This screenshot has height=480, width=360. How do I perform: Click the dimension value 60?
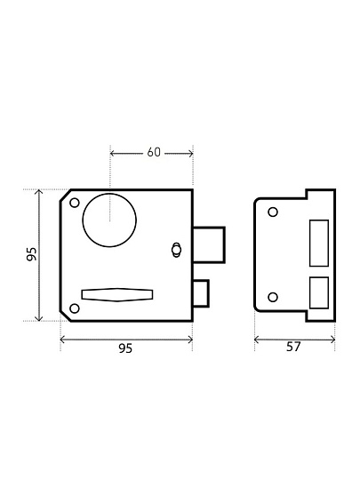point(154,152)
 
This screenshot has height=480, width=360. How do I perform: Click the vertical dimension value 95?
point(31,254)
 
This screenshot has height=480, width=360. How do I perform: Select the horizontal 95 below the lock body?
point(125,348)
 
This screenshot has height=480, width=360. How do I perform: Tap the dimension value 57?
point(293,347)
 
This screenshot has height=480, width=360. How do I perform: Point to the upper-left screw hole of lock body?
point(75,203)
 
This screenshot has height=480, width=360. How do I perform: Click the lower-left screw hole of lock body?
point(75,308)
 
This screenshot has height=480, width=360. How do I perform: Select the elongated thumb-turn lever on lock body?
point(117,295)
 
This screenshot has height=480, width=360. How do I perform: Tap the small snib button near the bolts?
point(176,250)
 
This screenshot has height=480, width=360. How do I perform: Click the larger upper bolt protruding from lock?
point(210,245)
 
